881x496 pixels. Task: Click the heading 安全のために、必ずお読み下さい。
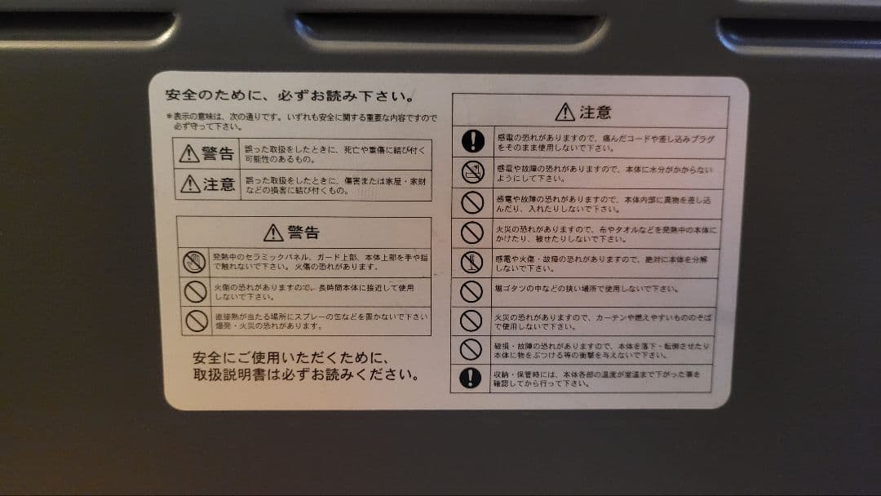289,95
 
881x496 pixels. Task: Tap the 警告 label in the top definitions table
207,153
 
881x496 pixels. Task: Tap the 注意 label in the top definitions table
208,184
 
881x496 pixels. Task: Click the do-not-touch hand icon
194,262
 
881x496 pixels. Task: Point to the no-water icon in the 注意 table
472,171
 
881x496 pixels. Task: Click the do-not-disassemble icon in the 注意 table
472,263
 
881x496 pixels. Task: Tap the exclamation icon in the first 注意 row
472,141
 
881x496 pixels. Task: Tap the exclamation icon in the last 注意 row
471,378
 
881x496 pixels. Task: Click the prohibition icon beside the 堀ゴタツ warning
471,291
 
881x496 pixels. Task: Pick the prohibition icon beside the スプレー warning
196,321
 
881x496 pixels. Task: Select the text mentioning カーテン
604,321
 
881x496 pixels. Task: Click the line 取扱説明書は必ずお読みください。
307,375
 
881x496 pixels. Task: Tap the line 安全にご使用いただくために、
290,357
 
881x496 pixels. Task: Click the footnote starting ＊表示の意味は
302,122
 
